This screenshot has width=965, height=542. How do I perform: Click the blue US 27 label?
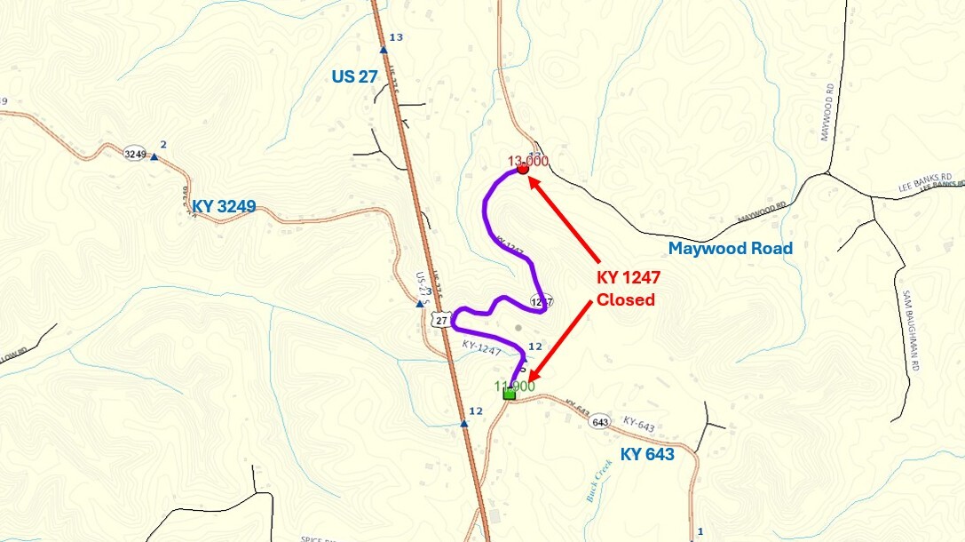point(355,76)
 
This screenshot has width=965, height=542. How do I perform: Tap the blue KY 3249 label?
point(224,207)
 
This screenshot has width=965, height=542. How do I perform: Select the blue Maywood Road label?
point(730,248)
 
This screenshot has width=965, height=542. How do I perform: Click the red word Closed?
point(625,299)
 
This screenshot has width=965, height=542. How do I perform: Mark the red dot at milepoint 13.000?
point(523,168)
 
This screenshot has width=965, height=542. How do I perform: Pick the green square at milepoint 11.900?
point(509,393)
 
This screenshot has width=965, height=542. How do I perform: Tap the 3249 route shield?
point(135,154)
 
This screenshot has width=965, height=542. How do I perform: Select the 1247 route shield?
point(541,301)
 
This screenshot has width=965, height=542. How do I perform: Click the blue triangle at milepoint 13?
point(384,50)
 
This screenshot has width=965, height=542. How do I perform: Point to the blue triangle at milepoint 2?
point(154,157)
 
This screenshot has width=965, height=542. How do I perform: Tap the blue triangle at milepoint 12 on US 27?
point(463,424)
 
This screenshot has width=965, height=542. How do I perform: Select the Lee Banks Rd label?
point(929,183)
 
